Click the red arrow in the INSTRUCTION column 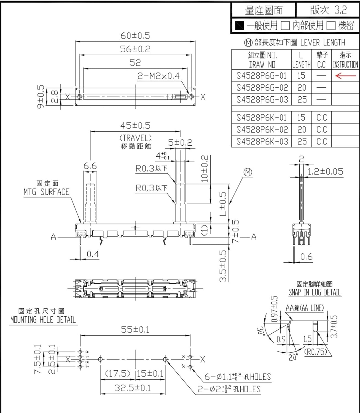pyautogui.click(x=346, y=75)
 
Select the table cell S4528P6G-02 pyautogui.click(x=262, y=88)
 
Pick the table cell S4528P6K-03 pyautogui.click(x=262, y=141)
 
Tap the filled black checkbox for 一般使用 pyautogui.click(x=240, y=26)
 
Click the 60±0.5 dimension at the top pyautogui.click(x=135, y=36)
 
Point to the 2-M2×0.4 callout pyautogui.click(x=158, y=76)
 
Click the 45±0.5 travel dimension pyautogui.click(x=135, y=126)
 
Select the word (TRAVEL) pyautogui.click(x=135, y=138)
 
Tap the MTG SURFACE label pyautogui.click(x=46, y=192)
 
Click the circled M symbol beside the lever pyautogui.click(x=248, y=172)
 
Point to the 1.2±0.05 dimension pyautogui.click(x=325, y=172)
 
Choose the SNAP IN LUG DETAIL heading pyautogui.click(x=315, y=292)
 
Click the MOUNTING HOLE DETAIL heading pyautogui.click(x=43, y=320)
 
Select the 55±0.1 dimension pyautogui.click(x=135, y=330)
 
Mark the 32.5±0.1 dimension pyautogui.click(x=133, y=388)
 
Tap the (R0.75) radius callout pyautogui.click(x=316, y=352)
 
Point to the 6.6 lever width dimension pyautogui.click(x=90, y=166)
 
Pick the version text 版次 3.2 pyautogui.click(x=328, y=10)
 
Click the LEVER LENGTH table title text pyautogui.click(x=323, y=43)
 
